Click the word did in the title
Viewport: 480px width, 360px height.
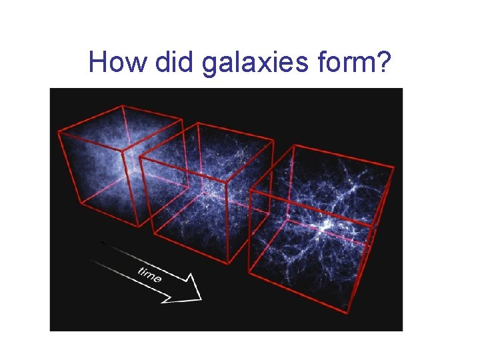tap(173, 62)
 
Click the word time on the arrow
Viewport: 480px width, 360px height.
tap(150, 273)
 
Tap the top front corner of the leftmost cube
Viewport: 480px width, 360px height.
tap(58, 131)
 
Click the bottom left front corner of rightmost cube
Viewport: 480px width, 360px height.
tap(249, 273)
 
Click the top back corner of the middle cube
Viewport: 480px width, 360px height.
tap(196, 123)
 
